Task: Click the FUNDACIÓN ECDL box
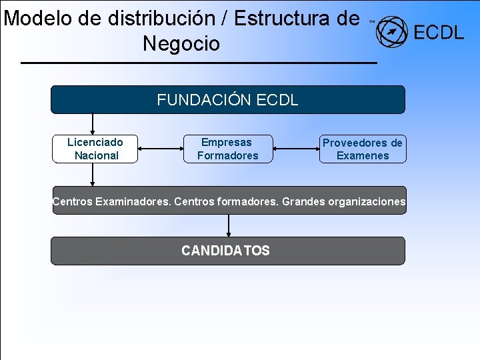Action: (x=227, y=100)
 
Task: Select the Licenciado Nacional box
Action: (x=95, y=149)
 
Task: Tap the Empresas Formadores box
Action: (x=227, y=149)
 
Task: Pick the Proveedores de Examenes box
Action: (x=362, y=149)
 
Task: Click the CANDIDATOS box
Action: (x=227, y=251)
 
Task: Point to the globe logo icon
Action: (x=391, y=32)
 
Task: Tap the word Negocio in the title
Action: (x=181, y=44)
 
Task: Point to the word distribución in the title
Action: (x=147, y=18)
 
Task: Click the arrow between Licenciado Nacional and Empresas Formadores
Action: (x=160, y=149)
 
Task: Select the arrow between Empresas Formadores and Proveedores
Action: (x=295, y=149)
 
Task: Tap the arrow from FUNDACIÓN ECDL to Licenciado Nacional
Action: (x=93, y=124)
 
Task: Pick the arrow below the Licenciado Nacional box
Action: (x=93, y=175)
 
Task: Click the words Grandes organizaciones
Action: (x=343, y=201)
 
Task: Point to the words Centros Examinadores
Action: (x=111, y=201)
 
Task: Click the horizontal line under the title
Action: (x=199, y=63)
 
